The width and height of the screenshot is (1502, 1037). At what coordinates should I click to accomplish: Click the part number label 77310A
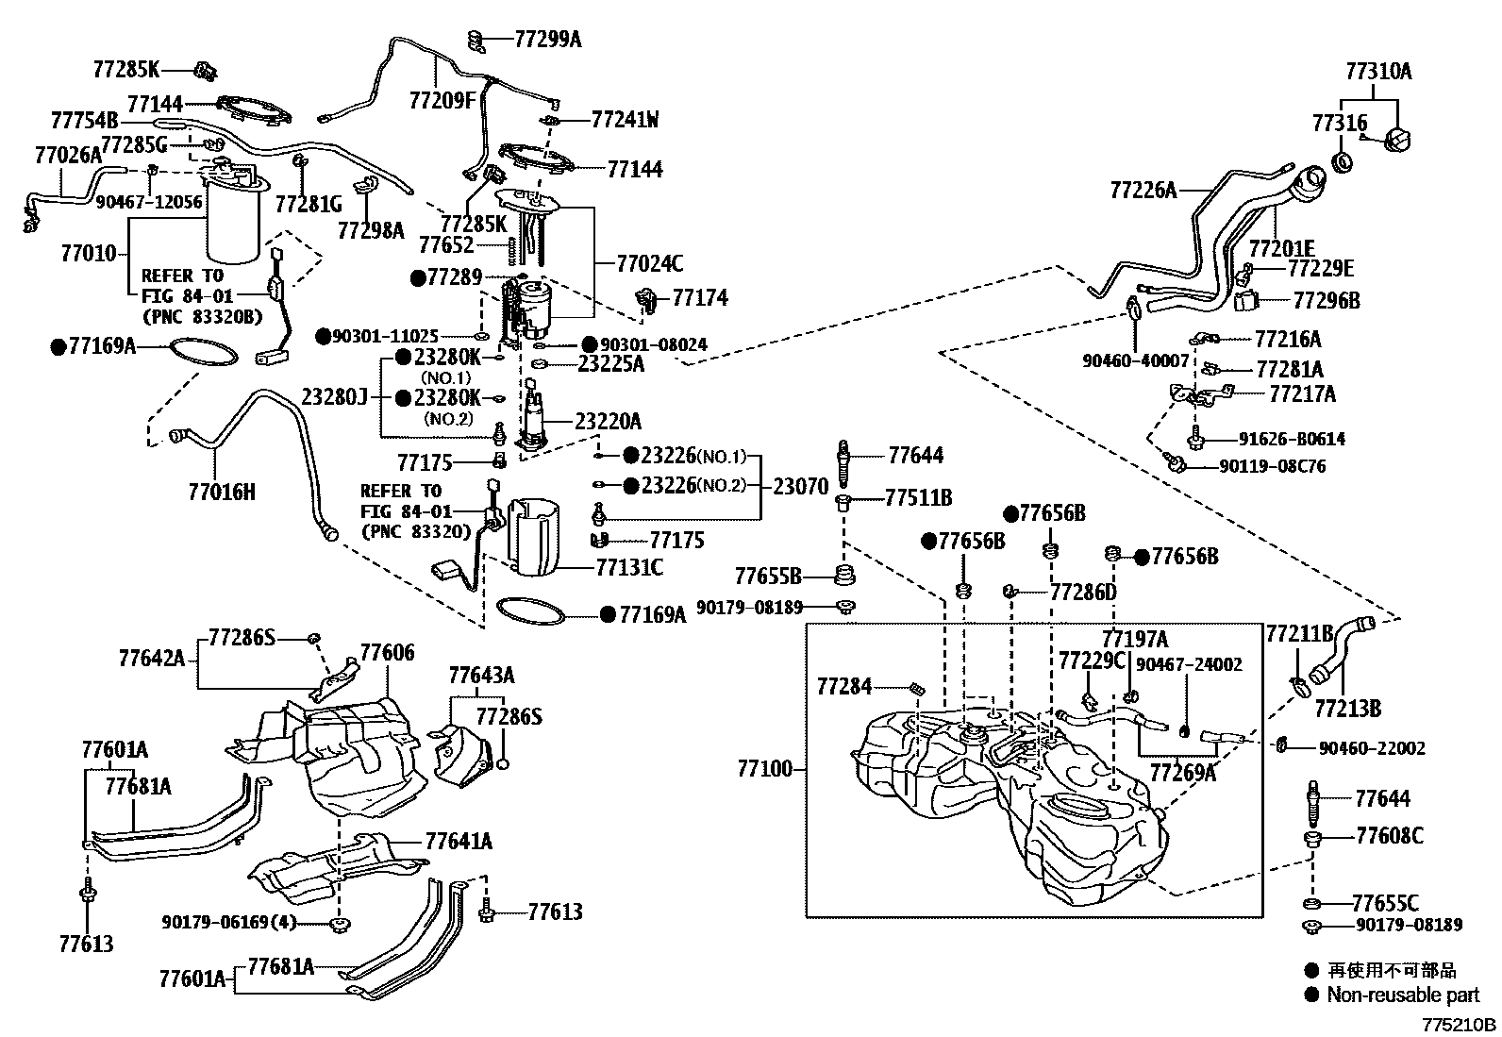tap(1378, 71)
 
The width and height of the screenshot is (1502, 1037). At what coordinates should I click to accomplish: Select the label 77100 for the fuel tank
tap(765, 768)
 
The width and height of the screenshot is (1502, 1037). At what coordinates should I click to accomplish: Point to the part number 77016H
tap(222, 492)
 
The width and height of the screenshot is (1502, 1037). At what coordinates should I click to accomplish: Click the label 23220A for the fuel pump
tap(608, 421)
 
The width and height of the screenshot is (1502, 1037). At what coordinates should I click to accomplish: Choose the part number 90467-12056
tap(149, 202)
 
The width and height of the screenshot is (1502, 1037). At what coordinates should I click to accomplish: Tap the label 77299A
tap(548, 40)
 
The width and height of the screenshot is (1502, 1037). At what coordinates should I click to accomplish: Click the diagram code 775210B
tap(1460, 1024)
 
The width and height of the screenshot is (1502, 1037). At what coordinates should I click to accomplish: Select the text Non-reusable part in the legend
tap(1403, 995)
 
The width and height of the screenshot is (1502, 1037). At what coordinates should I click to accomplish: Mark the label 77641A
tap(459, 841)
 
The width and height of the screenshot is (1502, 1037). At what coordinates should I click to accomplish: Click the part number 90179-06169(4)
tap(228, 922)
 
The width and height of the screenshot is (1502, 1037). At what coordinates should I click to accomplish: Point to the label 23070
tap(801, 486)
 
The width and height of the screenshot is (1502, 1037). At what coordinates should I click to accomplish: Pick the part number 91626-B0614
tap(1292, 439)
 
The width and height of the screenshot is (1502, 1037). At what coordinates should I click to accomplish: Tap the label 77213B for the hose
tap(1348, 708)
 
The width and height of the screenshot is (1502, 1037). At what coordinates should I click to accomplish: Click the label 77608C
tap(1390, 835)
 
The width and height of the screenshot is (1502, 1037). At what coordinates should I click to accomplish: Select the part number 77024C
tap(650, 263)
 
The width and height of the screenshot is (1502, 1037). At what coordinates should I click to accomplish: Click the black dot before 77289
tap(418, 277)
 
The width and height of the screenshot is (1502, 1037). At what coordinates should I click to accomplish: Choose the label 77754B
tap(85, 120)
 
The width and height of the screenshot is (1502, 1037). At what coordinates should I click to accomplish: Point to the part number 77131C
tap(629, 567)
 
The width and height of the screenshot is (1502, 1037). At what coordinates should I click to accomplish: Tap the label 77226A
tap(1143, 190)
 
